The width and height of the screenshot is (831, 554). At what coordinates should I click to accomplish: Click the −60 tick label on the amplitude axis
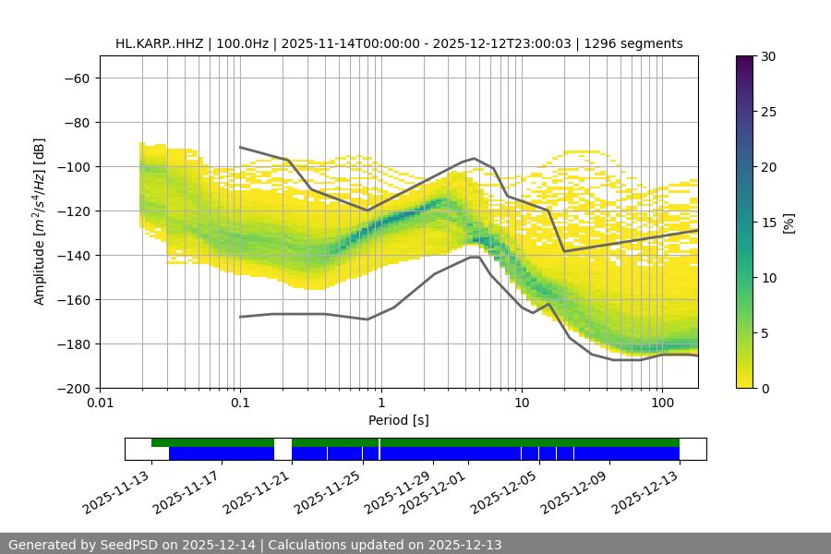pos(76,78)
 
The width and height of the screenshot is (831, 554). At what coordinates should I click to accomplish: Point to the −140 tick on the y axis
pos(76,256)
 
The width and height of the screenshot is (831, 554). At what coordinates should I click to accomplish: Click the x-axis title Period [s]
pos(399,421)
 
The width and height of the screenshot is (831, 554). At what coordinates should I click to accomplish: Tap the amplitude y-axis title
pos(39,222)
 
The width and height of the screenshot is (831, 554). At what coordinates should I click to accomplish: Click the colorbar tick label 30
pos(766,57)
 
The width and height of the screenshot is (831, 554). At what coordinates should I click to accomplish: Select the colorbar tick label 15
pos(766,223)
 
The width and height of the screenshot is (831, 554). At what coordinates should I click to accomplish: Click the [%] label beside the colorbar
pos(789,223)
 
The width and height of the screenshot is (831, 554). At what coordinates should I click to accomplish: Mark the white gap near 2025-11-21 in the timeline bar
pos(283,449)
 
